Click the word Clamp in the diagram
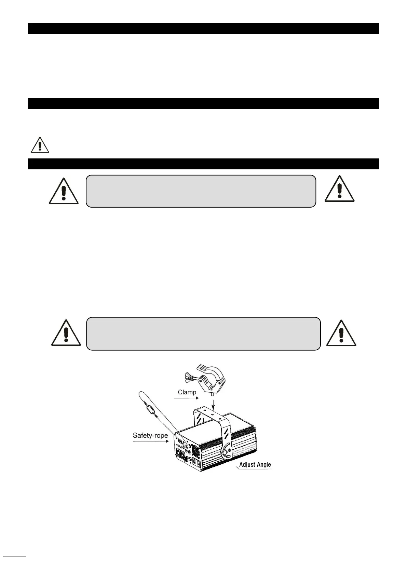(187, 392)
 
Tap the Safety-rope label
(150, 435)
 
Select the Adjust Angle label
(255, 464)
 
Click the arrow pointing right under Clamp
(186, 398)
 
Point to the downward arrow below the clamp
(214, 403)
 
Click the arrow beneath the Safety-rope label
(151, 441)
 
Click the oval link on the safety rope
(150, 408)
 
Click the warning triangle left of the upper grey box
(64, 191)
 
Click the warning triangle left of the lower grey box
(66, 333)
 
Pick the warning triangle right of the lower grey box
(341, 333)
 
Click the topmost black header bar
(203, 29)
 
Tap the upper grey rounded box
(201, 191)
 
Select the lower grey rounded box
(203, 334)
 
